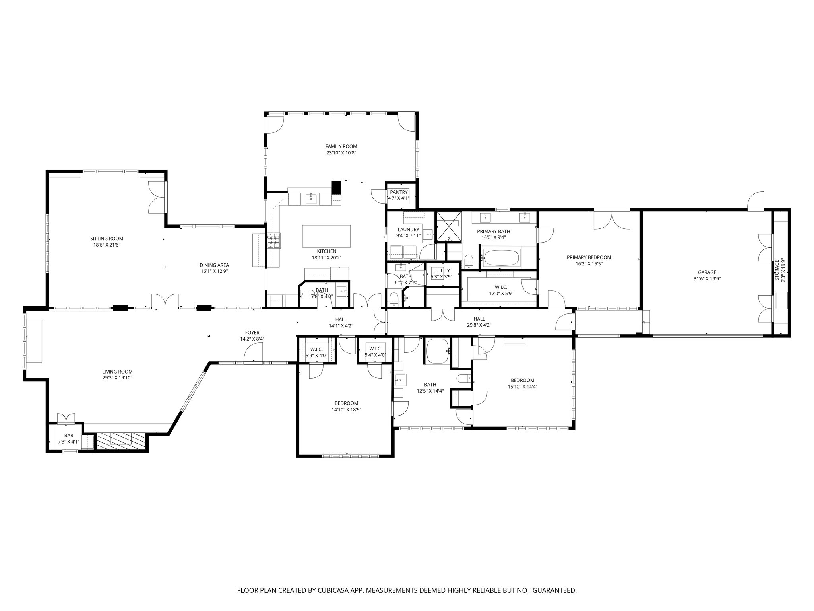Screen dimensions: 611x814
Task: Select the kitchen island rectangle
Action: click(327, 236)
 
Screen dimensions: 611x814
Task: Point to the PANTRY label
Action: click(399, 192)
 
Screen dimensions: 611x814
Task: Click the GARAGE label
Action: click(707, 272)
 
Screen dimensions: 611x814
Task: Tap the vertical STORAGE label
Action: click(777, 270)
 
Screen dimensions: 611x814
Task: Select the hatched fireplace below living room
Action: click(121, 441)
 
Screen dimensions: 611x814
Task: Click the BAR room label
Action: click(69, 436)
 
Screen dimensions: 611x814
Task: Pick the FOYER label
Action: click(252, 333)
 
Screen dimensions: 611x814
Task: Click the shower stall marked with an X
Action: click(449, 226)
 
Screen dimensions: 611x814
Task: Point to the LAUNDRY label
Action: click(408, 230)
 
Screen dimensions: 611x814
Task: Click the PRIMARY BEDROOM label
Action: click(589, 257)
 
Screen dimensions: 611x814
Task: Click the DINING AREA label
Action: click(214, 265)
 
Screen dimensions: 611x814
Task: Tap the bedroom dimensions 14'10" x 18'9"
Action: click(346, 409)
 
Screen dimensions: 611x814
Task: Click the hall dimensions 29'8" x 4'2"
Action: click(479, 325)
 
